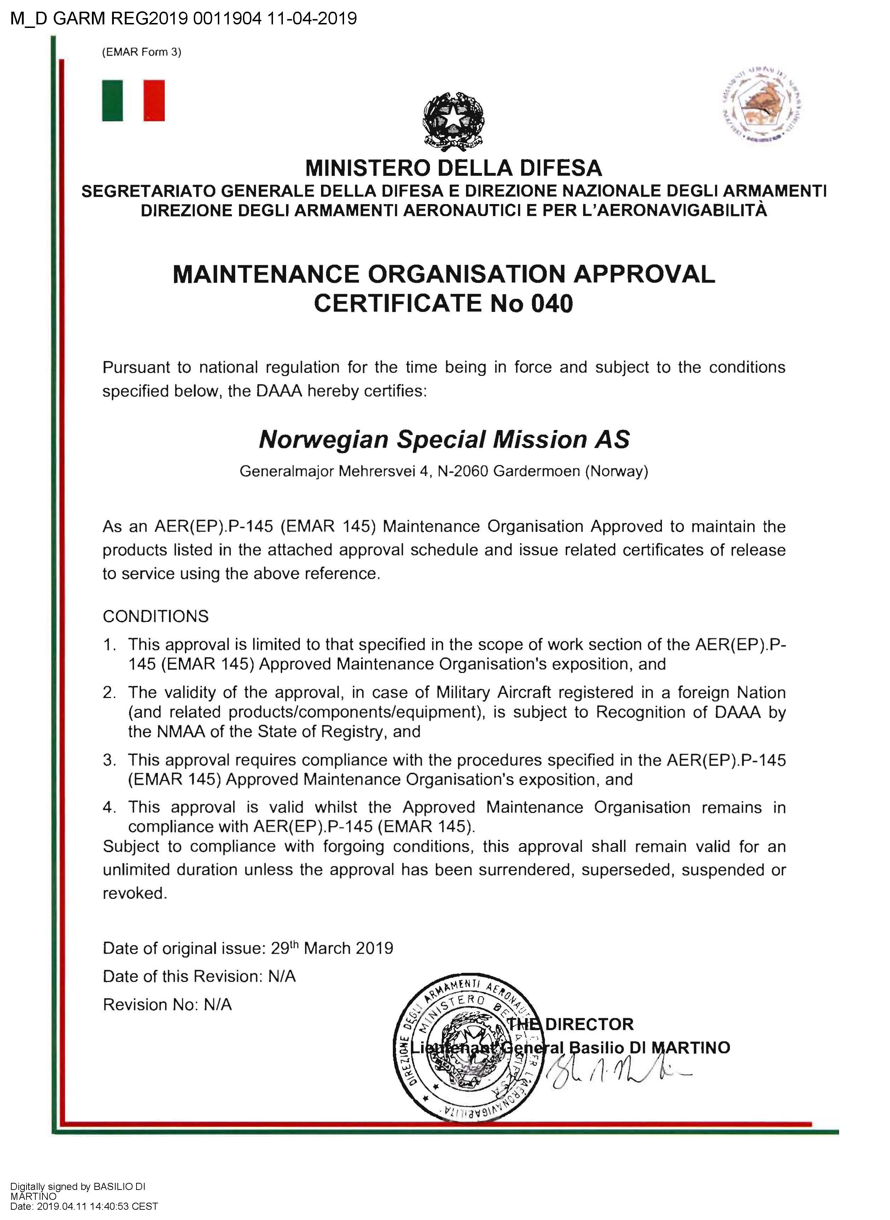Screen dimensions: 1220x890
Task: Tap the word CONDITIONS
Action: click(156, 616)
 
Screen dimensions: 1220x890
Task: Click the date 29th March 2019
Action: click(332, 948)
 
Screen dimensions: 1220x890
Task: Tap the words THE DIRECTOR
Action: click(571, 1024)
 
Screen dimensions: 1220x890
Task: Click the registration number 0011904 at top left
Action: click(227, 19)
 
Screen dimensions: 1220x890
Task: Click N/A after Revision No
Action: click(218, 1005)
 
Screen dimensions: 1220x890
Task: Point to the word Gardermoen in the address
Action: click(537, 471)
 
